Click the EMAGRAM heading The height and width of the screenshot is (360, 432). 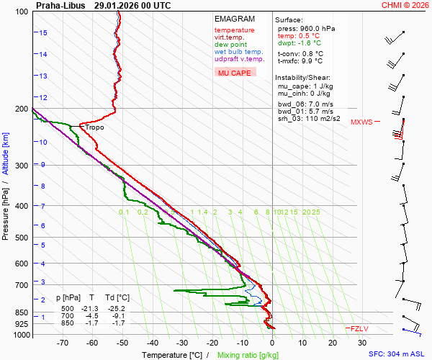tap(235, 19)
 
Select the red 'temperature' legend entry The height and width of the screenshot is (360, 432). tap(235, 30)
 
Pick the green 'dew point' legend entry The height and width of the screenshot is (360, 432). tap(231, 45)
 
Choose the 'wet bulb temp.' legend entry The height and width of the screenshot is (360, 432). tap(239, 52)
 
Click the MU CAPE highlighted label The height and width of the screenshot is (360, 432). tap(235, 73)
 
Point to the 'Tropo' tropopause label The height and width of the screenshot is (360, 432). tap(94, 127)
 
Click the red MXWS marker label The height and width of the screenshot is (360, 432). tap(361, 122)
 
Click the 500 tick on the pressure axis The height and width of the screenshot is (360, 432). tap(22, 238)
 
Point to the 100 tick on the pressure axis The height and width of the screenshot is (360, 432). tap(22, 12)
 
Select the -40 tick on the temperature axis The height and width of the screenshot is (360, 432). tap(152, 343)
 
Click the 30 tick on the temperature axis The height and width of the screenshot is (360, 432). tap(362, 343)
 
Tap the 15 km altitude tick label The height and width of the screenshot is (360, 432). tap(43, 33)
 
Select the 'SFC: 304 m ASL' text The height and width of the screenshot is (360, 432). tap(397, 354)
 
